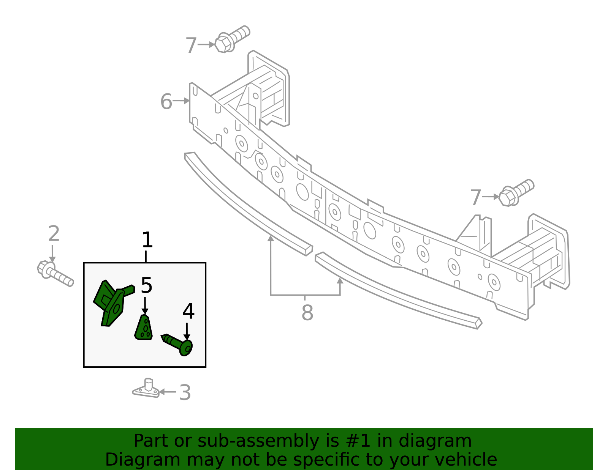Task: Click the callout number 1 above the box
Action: [147, 239]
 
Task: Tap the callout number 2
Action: [54, 233]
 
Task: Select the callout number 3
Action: [185, 392]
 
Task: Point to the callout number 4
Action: [188, 312]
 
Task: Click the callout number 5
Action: [147, 285]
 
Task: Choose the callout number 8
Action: [307, 313]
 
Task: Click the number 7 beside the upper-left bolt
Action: [191, 45]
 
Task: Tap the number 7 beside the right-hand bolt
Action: [476, 197]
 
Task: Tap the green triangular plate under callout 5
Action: [144, 327]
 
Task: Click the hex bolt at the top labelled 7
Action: [232, 39]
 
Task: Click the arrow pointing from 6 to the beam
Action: [181, 101]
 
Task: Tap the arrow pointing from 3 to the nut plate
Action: [168, 392]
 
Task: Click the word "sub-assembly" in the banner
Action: [258, 441]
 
